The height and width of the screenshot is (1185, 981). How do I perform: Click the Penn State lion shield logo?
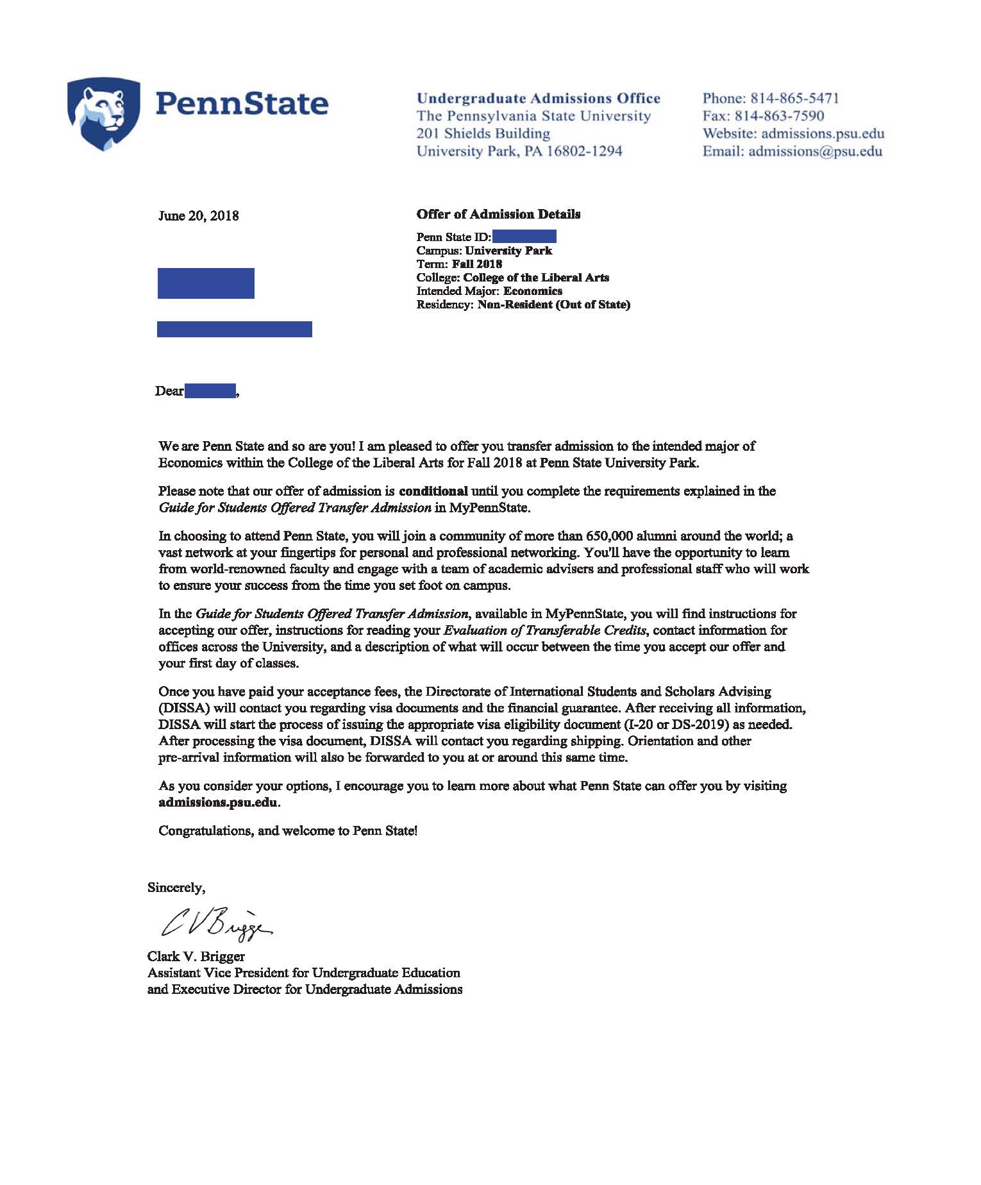(x=103, y=113)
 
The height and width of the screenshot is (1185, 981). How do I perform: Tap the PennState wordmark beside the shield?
(x=242, y=104)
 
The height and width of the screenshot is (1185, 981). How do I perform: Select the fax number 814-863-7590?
(x=779, y=116)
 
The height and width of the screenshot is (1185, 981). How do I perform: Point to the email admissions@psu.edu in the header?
(x=815, y=151)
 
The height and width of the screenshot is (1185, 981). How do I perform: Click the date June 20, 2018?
(x=199, y=215)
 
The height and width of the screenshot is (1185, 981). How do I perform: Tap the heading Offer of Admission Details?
(x=498, y=214)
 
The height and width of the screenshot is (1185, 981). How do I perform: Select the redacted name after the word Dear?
(x=210, y=391)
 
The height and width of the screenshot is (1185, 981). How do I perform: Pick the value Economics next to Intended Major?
(x=533, y=291)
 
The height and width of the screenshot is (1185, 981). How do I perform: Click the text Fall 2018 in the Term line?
(x=477, y=264)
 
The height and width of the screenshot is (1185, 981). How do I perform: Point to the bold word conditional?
(x=433, y=491)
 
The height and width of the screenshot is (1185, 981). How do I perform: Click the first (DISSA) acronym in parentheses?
(x=184, y=709)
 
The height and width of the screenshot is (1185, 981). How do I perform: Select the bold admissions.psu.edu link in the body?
(x=218, y=802)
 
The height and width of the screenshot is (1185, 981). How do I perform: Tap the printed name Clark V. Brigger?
(x=196, y=957)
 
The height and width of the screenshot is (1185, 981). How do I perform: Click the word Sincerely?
(x=176, y=887)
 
